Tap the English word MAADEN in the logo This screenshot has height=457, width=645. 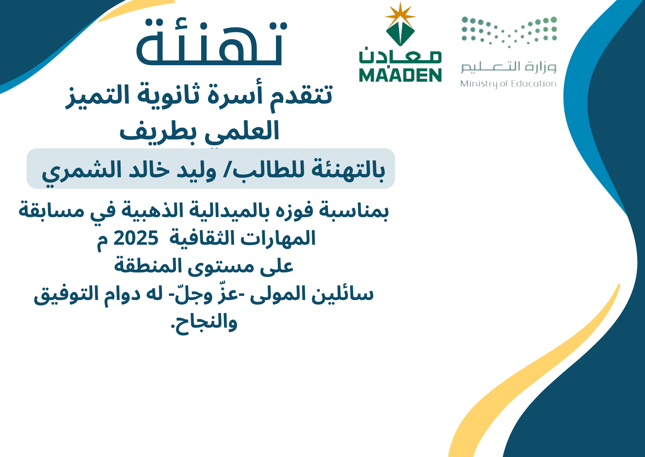pos(400,75)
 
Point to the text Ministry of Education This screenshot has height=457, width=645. pos(508,84)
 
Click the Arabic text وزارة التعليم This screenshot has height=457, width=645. pos(508,67)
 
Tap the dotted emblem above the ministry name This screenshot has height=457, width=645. pos(509,32)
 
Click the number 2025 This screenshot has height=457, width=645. pos(136,238)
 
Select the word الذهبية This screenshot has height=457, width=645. pos(151,210)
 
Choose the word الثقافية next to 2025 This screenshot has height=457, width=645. pos(202,238)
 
